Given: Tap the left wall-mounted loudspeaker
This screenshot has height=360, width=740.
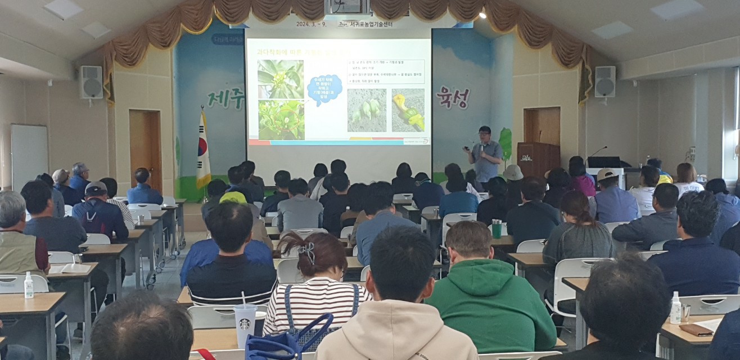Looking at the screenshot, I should (x=91, y=82).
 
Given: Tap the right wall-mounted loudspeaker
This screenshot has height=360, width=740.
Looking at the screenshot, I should (x=604, y=82).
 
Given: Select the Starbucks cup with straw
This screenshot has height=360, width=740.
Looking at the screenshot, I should (x=246, y=323).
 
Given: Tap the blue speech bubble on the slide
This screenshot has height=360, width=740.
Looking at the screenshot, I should (x=324, y=90).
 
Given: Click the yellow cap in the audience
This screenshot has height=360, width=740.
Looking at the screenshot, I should (x=233, y=197).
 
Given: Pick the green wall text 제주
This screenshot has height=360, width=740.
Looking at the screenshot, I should (x=225, y=99).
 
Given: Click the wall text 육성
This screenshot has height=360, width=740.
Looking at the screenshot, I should (x=453, y=97).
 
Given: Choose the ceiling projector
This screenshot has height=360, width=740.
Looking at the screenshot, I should (x=346, y=7).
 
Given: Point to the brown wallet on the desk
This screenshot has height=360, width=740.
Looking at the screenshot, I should (x=696, y=330).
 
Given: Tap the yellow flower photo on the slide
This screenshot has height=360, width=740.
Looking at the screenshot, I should (x=408, y=110).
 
